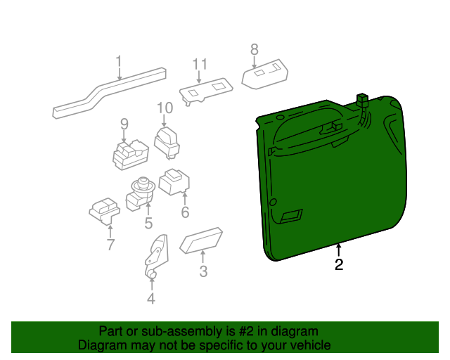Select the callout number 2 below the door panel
[339, 265]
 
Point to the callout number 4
[151, 299]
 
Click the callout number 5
[148, 224]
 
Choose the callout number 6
[185, 212]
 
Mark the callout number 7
[110, 245]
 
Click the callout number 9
[124, 124]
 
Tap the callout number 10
[165, 108]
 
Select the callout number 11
[199, 65]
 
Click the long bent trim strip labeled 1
[105, 91]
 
